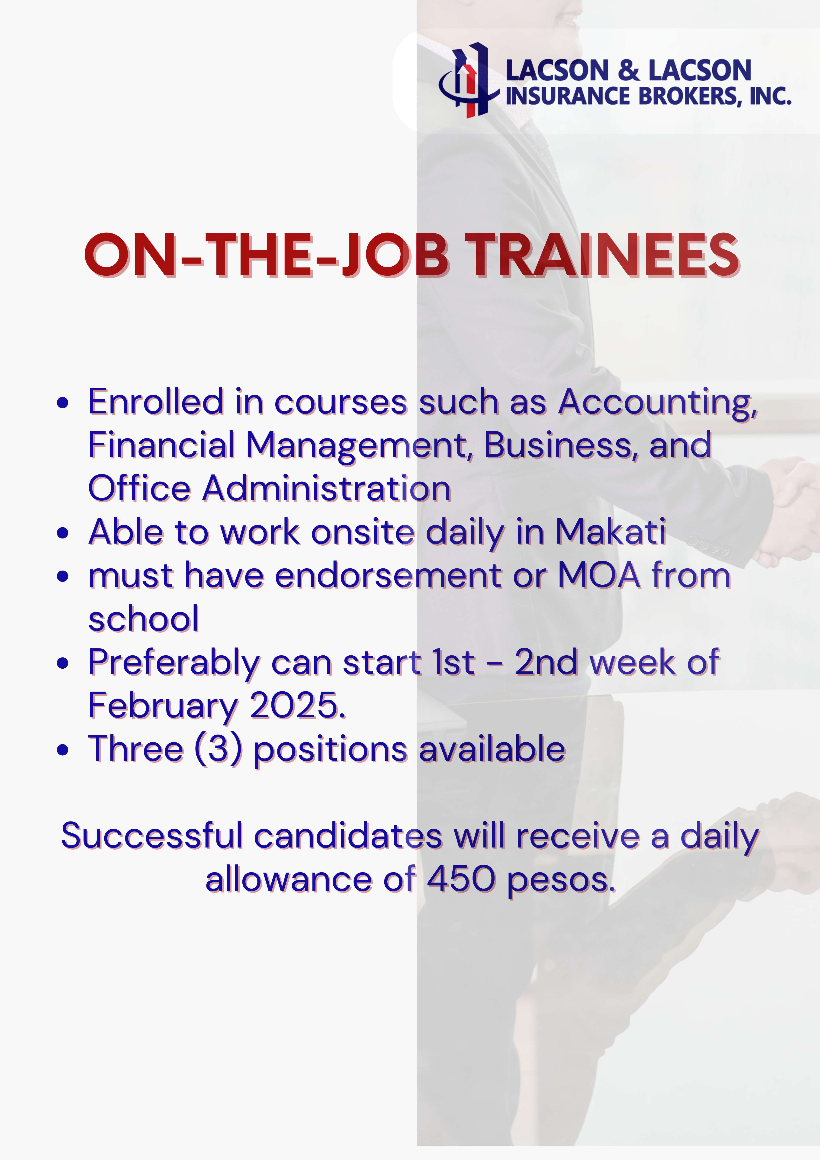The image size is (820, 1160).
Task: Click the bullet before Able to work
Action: [63, 533]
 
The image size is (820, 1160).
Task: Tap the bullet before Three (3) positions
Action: [63, 750]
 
